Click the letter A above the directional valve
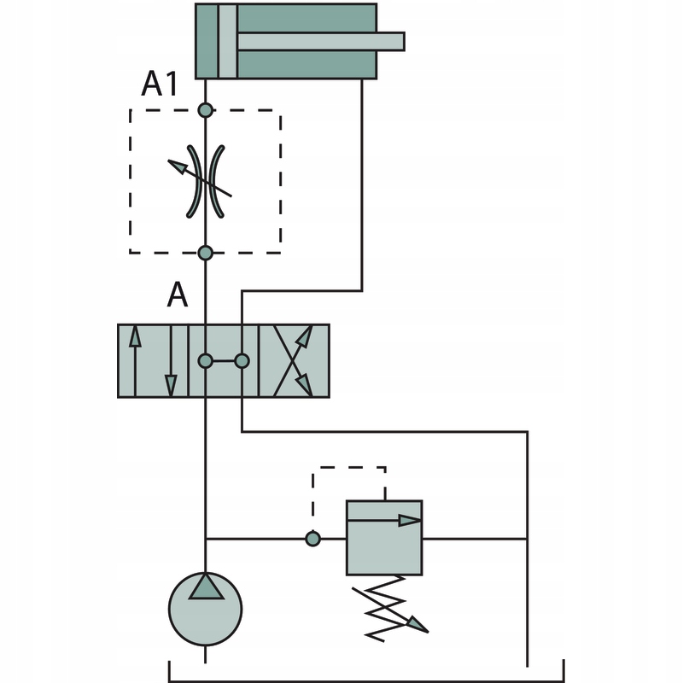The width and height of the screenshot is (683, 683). click(176, 295)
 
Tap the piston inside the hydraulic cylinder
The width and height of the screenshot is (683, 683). click(228, 41)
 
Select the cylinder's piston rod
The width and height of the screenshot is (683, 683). click(320, 41)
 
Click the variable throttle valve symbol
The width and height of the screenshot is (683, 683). click(205, 180)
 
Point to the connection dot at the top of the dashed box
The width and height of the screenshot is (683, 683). click(205, 110)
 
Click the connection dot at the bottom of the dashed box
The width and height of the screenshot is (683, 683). click(205, 252)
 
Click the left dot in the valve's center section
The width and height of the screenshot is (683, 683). click(205, 361)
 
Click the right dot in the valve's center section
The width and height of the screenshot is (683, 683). click(242, 361)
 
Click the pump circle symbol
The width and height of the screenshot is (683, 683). click(205, 608)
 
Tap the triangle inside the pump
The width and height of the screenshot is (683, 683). click(205, 587)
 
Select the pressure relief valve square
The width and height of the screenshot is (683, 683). click(384, 538)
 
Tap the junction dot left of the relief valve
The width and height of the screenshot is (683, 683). click(313, 539)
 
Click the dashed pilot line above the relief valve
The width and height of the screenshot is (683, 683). click(350, 468)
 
